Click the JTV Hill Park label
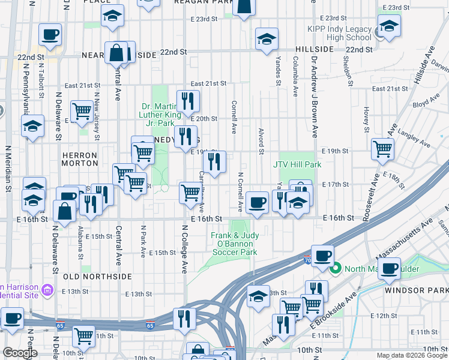click(297, 164)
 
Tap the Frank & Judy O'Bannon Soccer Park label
click(235, 244)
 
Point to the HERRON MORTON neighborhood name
click(79, 158)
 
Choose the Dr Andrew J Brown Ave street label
click(313, 97)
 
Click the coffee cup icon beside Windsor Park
click(390, 268)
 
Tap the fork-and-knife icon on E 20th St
click(188, 100)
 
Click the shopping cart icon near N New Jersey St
click(82, 110)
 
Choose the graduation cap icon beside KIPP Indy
click(389, 26)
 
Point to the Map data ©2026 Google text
click(411, 355)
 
